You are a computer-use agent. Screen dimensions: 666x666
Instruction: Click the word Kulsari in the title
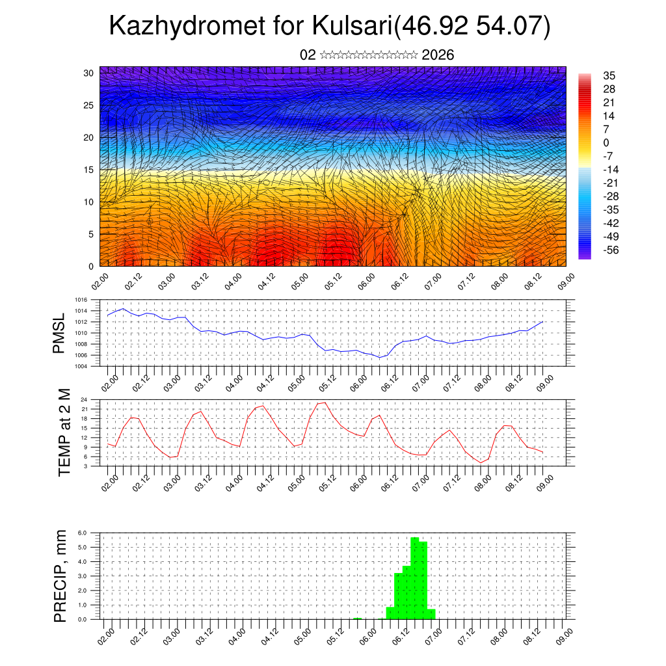pyautogui.click(x=352, y=26)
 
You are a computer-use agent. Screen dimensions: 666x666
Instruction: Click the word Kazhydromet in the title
pyautogui.click(x=187, y=26)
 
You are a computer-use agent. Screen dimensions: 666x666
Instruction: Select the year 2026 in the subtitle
pyautogui.click(x=438, y=55)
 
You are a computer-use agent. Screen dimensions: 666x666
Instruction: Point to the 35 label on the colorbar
pyautogui.click(x=609, y=75)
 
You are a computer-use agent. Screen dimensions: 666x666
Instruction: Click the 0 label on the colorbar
pyautogui.click(x=606, y=142)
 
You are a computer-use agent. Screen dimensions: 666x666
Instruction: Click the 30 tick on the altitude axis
pyautogui.click(x=88, y=73)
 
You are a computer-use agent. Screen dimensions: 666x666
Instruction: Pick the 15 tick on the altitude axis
pyautogui.click(x=88, y=170)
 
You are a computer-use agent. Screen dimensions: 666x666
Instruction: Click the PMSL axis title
pyautogui.click(x=59, y=334)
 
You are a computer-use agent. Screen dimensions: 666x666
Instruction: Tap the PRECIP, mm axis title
pyautogui.click(x=60, y=574)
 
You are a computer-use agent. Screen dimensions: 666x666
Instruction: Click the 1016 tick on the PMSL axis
pyautogui.click(x=81, y=300)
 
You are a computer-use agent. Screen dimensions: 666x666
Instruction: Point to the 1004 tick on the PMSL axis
pyautogui.click(x=81, y=366)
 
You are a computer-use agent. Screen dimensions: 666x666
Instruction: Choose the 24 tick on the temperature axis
pyautogui.click(x=85, y=399)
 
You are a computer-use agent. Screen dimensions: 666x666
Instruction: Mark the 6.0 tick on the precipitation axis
pyautogui.click(x=83, y=533)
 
